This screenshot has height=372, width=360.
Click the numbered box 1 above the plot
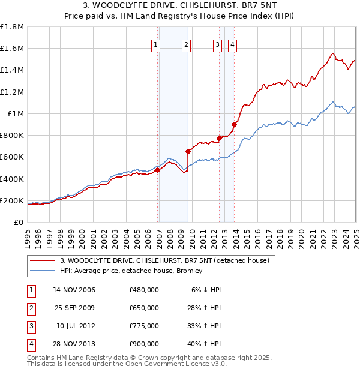(156, 44)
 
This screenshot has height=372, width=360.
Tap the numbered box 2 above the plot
(187, 44)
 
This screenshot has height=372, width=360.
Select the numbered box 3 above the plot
(217, 44)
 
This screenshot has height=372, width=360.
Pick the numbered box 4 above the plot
(232, 44)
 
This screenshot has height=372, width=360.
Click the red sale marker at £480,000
(157, 170)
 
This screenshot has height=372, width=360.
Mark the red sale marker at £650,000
(188, 151)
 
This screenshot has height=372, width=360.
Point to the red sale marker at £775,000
(219, 138)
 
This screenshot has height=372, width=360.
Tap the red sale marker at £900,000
(234, 124)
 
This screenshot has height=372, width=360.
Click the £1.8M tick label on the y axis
(12, 27)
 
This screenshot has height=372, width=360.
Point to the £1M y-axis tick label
(16, 113)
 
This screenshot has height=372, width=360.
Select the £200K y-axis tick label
(12, 200)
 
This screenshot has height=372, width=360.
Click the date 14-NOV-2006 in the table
(74, 290)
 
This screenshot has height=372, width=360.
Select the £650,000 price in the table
(144, 308)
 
